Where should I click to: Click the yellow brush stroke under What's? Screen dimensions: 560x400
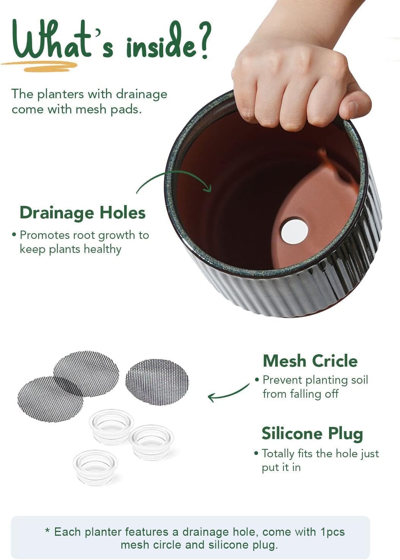pyautogui.click(x=42, y=66)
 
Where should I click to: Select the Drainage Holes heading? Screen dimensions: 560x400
pyautogui.click(x=82, y=213)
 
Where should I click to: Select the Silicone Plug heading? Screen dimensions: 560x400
pyautogui.click(x=312, y=433)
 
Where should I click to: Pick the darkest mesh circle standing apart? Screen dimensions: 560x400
pyautogui.click(x=157, y=381)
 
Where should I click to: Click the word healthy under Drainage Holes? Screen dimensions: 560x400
pyautogui.click(x=102, y=249)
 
